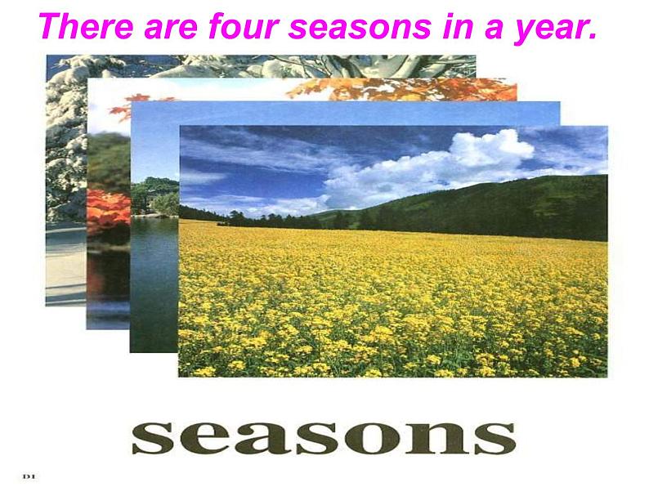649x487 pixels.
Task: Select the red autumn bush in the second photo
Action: [x=107, y=208]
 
